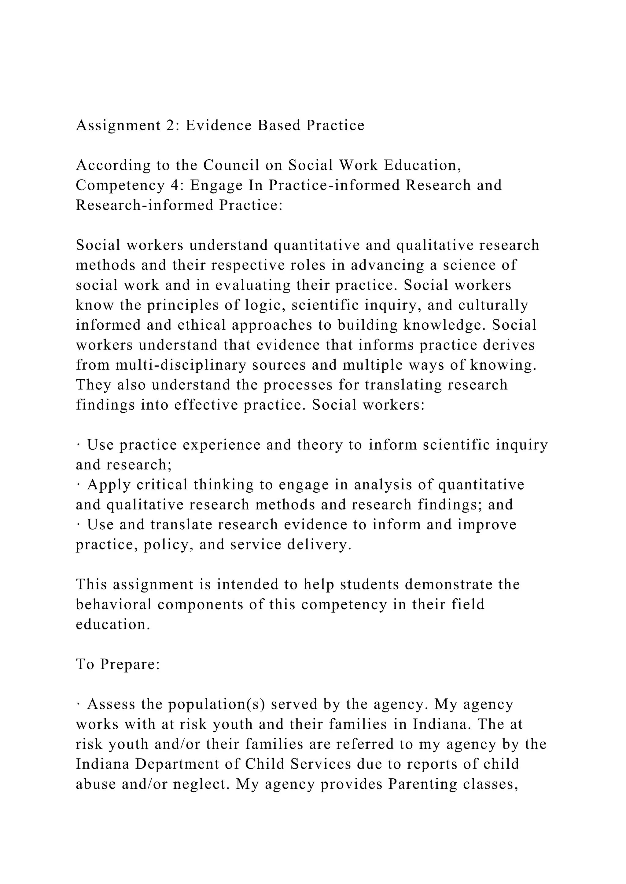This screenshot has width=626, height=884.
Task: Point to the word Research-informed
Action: click(x=145, y=205)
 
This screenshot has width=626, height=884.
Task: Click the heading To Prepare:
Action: click(x=118, y=665)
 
